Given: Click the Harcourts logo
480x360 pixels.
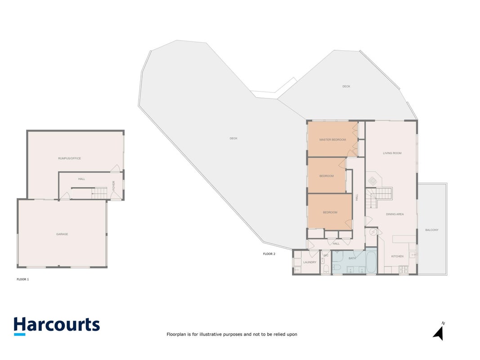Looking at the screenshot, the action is tap(57, 326).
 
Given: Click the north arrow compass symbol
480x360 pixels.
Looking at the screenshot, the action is tap(439, 332).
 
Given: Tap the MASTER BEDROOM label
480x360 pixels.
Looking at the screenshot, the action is tap(332, 139).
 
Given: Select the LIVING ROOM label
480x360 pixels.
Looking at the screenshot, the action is tap(392, 153).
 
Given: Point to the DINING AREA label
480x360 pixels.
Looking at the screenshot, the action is tap(395, 214).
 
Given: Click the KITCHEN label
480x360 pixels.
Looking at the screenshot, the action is tap(397, 256).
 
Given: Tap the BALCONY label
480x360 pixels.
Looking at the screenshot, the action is tap(431, 230).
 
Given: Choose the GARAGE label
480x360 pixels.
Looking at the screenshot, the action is tap(62, 234).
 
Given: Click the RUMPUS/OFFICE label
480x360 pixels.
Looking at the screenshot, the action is tap(69, 158).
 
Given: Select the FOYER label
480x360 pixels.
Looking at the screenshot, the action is tap(113, 185).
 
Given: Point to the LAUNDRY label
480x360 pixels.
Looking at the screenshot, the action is tap(310, 262).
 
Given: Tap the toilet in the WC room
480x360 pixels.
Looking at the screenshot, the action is tap(326, 269).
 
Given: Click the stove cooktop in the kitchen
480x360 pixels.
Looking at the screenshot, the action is tap(403, 270).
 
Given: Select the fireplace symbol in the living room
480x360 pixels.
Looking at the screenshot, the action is tap(372, 181).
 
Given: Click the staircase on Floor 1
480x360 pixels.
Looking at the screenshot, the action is tap(99, 193).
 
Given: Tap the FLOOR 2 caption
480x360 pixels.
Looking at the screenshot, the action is tap(269, 254).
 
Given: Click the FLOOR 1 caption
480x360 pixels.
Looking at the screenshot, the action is tap(22, 279).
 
